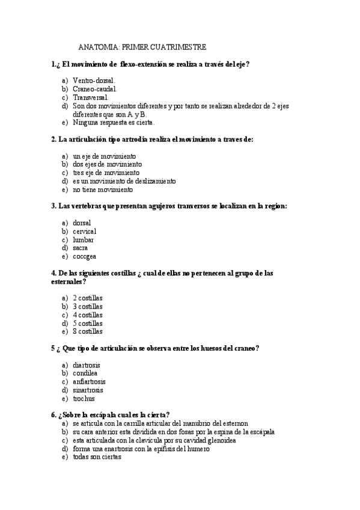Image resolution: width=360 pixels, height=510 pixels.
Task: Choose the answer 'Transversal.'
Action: (x=91, y=97)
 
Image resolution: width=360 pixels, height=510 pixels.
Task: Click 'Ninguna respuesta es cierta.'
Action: (x=114, y=123)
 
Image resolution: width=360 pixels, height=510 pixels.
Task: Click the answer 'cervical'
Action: (x=84, y=231)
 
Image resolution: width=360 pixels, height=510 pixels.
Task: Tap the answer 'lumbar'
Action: (x=83, y=239)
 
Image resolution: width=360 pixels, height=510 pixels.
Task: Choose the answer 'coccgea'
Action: (x=84, y=256)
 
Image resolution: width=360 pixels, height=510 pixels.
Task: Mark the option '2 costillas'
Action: (x=88, y=298)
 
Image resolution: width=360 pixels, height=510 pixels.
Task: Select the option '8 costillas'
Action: (x=88, y=331)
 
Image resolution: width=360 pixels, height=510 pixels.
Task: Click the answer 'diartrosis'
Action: (x=87, y=365)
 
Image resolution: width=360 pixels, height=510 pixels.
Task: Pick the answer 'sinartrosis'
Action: (x=88, y=390)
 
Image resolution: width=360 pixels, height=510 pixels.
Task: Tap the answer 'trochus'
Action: (x=84, y=398)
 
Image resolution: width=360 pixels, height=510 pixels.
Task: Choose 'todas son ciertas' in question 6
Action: (x=97, y=457)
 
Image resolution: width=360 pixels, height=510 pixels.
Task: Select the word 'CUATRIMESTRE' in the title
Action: (x=179, y=47)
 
